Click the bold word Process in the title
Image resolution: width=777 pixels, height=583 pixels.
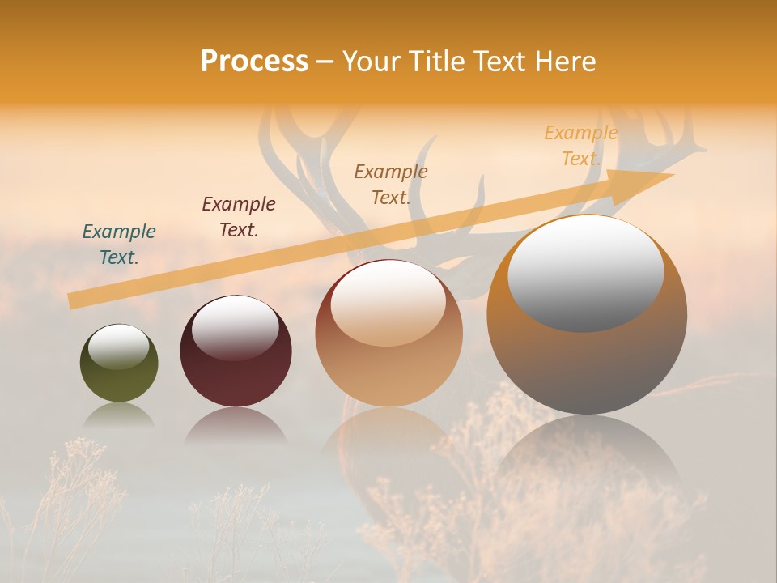point(254,62)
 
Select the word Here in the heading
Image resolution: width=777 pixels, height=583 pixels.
point(564,62)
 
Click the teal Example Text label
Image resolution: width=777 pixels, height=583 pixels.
point(119,245)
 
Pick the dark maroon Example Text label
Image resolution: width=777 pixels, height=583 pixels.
point(239,217)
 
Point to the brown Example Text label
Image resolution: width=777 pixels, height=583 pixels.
point(391,185)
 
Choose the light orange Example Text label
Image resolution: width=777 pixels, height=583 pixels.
point(581,146)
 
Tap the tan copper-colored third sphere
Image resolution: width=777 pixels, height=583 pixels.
point(388,372)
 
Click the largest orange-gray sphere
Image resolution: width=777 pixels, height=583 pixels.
point(587,364)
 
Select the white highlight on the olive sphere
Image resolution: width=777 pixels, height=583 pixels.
point(119,347)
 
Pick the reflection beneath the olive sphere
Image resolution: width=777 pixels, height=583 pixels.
point(119,415)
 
